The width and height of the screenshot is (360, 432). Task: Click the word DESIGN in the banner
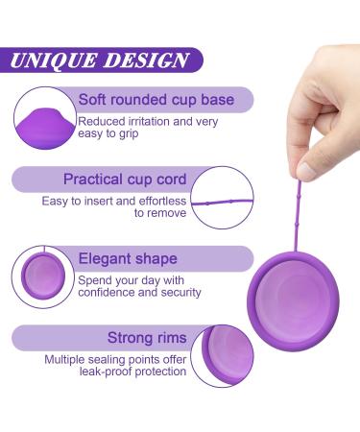pyautogui.click(x=145, y=60)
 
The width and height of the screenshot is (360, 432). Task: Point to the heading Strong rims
pyautogui.click(x=146, y=338)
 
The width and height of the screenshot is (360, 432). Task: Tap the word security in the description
pyautogui.click(x=174, y=292)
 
